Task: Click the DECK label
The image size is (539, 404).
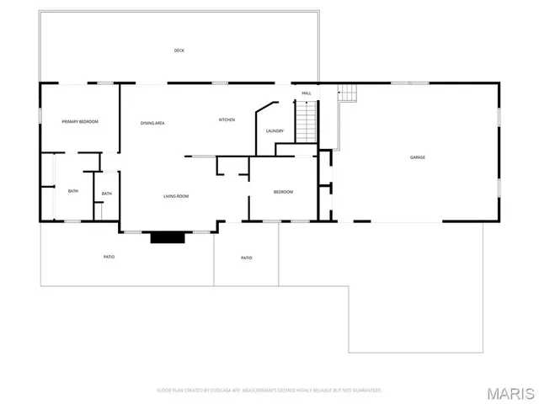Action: [x=179, y=50]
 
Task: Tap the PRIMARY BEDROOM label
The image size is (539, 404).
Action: [x=80, y=122]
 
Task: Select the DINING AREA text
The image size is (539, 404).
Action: [x=152, y=124]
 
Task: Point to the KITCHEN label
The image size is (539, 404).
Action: [x=227, y=120]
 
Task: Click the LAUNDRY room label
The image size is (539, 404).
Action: [x=275, y=131]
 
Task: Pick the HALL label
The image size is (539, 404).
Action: [x=307, y=93]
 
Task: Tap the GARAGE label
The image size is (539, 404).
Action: [x=417, y=157]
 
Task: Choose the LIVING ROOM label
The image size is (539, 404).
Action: [x=176, y=196]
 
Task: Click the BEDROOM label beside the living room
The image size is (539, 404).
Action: [x=283, y=192]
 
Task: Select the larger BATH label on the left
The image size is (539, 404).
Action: [x=73, y=191]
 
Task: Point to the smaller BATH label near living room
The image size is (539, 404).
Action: [x=107, y=194]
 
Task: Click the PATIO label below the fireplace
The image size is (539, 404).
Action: [x=109, y=257]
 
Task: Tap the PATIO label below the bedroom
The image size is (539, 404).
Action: [x=246, y=258]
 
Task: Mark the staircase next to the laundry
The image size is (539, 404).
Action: [x=305, y=120]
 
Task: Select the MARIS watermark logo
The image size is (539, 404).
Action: [x=513, y=393]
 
